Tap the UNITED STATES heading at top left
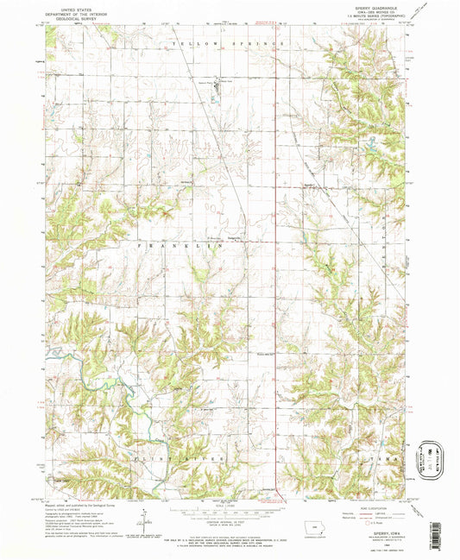tap(68, 5)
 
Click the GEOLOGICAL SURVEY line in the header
tap(68, 17)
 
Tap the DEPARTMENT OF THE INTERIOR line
tap(68, 11)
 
